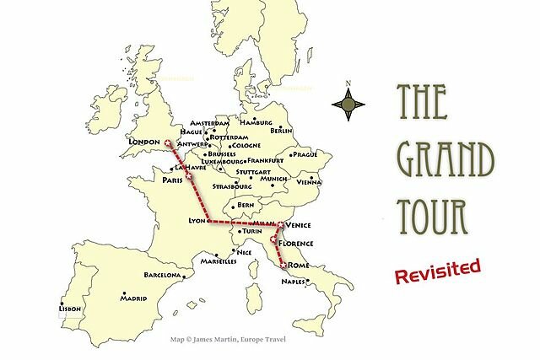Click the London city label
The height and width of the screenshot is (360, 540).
tap(142, 142)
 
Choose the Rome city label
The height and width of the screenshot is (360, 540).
tap(299, 266)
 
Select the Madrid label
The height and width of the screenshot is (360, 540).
tap(132, 298)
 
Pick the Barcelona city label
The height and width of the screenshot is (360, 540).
tap(162, 276)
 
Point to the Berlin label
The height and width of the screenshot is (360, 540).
tap(280, 132)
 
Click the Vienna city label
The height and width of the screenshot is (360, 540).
tap(310, 182)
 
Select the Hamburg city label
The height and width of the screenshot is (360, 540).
tap(256, 121)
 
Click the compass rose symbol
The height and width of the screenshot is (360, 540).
tap(348, 105)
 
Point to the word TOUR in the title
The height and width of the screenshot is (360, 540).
tap(433, 216)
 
